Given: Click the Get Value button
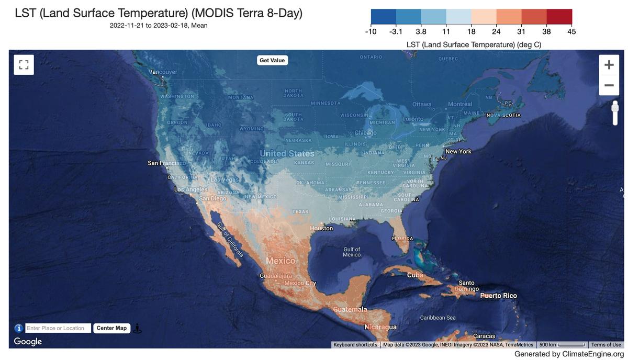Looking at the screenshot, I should click(x=272, y=60).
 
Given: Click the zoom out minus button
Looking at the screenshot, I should click(x=609, y=85).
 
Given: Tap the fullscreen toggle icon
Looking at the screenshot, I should click(x=24, y=65).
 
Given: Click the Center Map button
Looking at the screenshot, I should click(x=111, y=328).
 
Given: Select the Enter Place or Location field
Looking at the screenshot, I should click(x=58, y=328).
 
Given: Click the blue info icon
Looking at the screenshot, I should click(x=18, y=328).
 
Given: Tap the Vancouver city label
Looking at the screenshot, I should click(x=164, y=72).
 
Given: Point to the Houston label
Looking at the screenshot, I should click(x=321, y=228).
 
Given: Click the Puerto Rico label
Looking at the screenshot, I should click(x=498, y=296).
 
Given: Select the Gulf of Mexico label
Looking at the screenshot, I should click(x=352, y=252).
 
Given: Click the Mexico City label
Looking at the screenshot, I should click(x=300, y=283).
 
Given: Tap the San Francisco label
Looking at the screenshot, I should click(x=166, y=163).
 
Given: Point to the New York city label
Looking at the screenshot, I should click(x=458, y=151).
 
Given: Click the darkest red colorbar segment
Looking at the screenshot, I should click(x=559, y=17).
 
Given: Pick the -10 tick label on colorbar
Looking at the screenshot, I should click(x=371, y=32).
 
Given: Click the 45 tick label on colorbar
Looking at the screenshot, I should click(x=571, y=32).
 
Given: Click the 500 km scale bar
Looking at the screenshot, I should click(x=562, y=345).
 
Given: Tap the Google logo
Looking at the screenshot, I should click(x=28, y=342).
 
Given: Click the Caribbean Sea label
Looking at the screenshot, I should click(x=438, y=318).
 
